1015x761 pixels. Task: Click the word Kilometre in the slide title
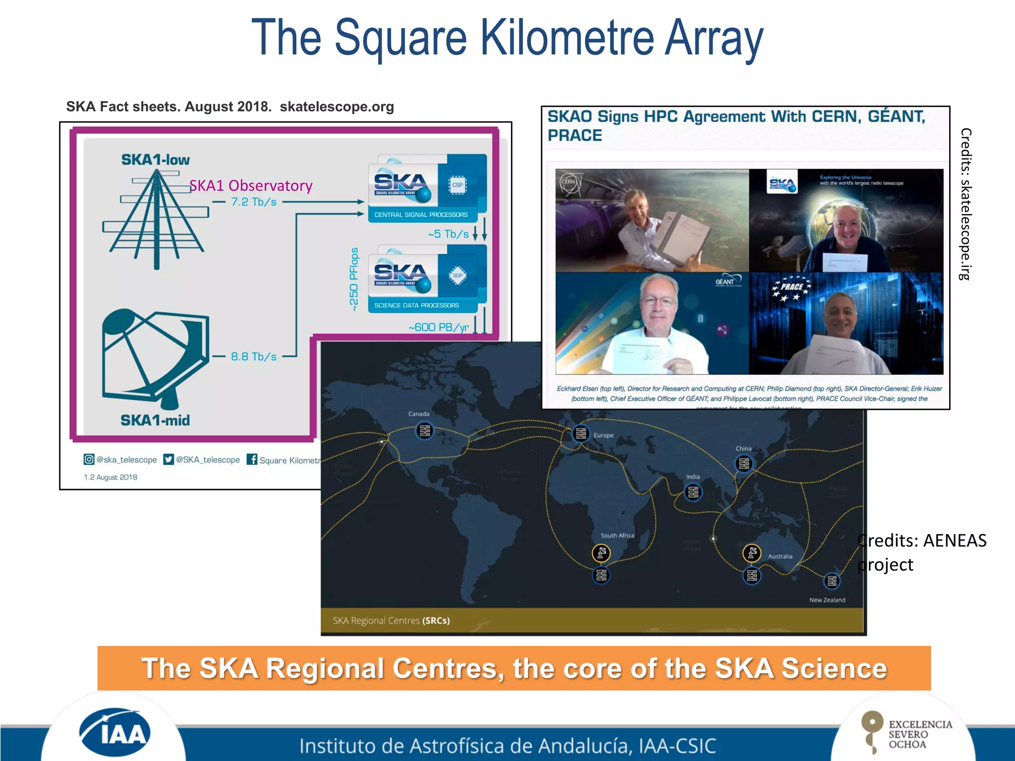point(567,38)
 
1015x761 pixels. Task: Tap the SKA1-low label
point(155,160)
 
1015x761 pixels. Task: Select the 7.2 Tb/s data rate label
point(254,202)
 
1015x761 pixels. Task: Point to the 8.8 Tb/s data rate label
point(254,357)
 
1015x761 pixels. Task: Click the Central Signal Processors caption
point(421,215)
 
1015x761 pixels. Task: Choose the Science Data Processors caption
point(416,306)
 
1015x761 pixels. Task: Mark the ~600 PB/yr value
point(439,327)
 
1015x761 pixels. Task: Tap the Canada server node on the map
point(425,431)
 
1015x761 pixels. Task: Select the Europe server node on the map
point(581,434)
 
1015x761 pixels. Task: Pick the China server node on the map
point(743,464)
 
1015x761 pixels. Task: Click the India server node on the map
point(693,492)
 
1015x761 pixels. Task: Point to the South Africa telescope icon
point(601,553)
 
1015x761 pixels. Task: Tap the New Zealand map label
point(827,600)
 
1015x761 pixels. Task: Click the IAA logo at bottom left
point(114,732)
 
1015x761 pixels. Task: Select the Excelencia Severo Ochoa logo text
point(920,734)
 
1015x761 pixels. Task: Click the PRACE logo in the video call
point(792,287)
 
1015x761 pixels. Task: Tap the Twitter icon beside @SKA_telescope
point(169,459)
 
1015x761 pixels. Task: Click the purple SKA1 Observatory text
point(251,185)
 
